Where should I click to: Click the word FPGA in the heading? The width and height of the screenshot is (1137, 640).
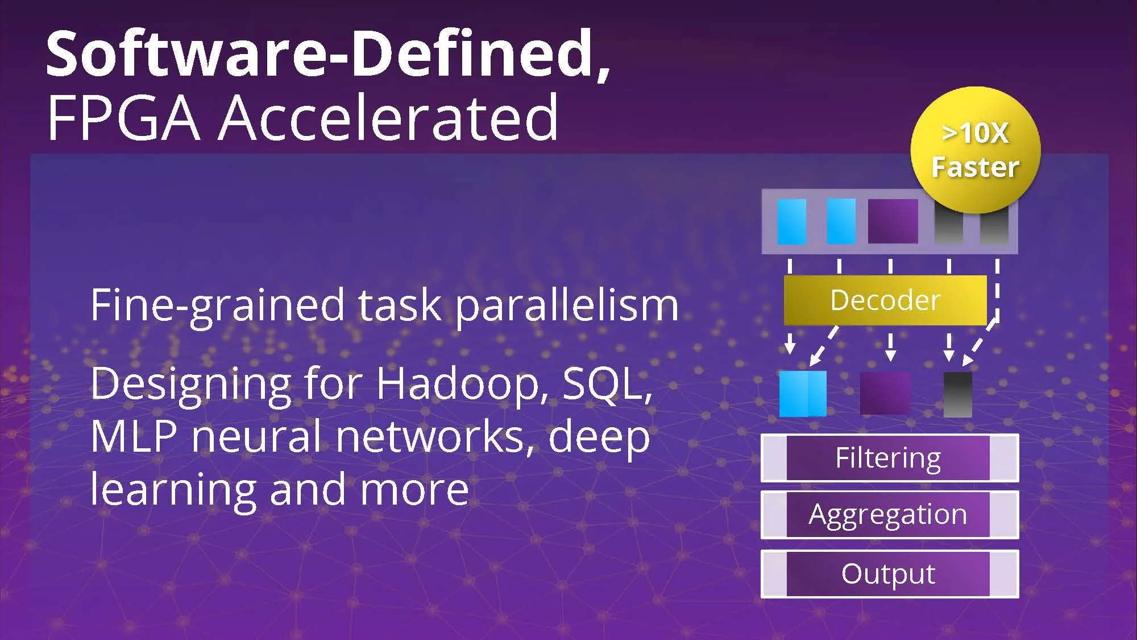coord(123,118)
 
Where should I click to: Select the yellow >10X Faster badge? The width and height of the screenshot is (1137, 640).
coord(976,150)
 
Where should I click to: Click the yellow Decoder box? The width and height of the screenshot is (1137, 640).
coord(885,300)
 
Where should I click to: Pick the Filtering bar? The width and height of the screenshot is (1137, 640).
coord(889,458)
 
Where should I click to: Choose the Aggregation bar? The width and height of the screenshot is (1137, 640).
coord(889,514)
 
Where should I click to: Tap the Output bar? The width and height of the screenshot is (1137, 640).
coord(889,573)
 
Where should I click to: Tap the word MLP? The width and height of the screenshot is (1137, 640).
coord(134,436)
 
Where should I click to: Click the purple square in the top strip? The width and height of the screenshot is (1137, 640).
coord(893,221)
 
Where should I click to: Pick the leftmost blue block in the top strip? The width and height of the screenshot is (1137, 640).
coord(791,221)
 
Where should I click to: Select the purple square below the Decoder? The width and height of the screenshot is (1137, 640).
coord(885,394)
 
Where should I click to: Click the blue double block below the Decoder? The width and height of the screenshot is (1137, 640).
coord(803,394)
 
